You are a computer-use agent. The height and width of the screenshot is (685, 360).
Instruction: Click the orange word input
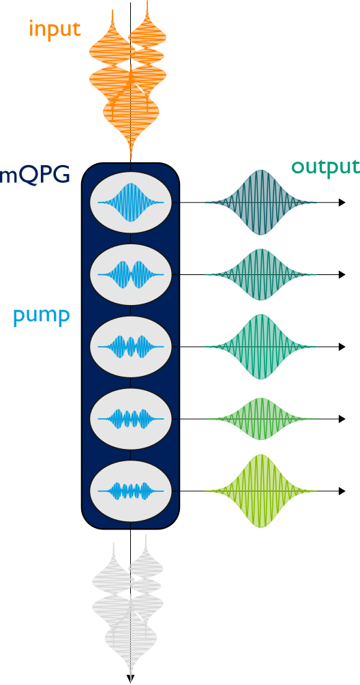click(x=55, y=29)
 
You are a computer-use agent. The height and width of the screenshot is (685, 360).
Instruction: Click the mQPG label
click(x=35, y=175)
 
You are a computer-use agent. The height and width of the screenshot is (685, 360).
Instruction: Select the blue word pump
click(x=41, y=315)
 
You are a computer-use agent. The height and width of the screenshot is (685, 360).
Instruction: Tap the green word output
click(x=325, y=166)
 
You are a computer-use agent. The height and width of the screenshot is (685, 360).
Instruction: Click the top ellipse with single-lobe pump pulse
click(x=131, y=203)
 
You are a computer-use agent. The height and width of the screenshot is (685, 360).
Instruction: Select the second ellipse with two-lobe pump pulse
click(x=131, y=275)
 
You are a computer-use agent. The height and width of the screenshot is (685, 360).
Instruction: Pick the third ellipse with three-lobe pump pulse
click(x=131, y=347)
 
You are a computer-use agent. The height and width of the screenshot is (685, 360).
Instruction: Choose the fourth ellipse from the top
click(x=131, y=419)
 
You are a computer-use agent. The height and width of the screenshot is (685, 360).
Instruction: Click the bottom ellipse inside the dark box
click(x=131, y=491)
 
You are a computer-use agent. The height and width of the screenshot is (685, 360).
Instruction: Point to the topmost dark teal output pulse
click(x=261, y=203)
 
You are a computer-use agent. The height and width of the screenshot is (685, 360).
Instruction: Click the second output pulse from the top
click(x=261, y=275)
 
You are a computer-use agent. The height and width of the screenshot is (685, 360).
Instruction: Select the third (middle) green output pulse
click(x=261, y=347)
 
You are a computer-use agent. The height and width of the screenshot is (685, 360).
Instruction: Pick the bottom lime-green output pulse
click(x=261, y=491)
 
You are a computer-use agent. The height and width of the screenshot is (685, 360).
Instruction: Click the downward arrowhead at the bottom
click(x=130, y=678)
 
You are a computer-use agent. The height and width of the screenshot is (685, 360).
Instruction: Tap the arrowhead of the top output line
click(x=342, y=203)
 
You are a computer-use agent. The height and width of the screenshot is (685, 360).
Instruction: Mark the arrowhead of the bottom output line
click(x=342, y=491)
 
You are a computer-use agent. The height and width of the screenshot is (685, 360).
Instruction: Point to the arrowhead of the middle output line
click(x=342, y=347)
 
